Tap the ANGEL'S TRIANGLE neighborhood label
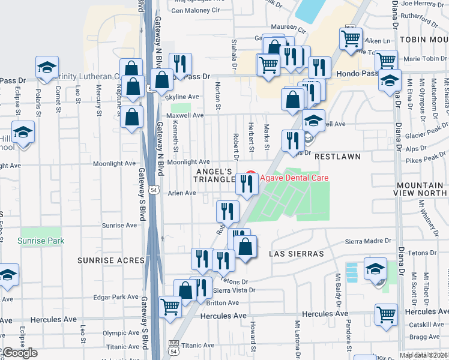(x=212, y=175)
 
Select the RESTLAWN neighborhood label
(x=337, y=156)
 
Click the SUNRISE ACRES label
(x=111, y=260)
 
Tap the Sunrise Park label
(x=41, y=241)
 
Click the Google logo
(x=19, y=353)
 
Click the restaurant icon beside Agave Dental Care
(x=247, y=183)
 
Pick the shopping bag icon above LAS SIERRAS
(x=246, y=246)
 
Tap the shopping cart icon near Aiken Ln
(x=351, y=38)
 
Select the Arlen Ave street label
(x=182, y=193)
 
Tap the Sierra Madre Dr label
(x=368, y=242)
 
